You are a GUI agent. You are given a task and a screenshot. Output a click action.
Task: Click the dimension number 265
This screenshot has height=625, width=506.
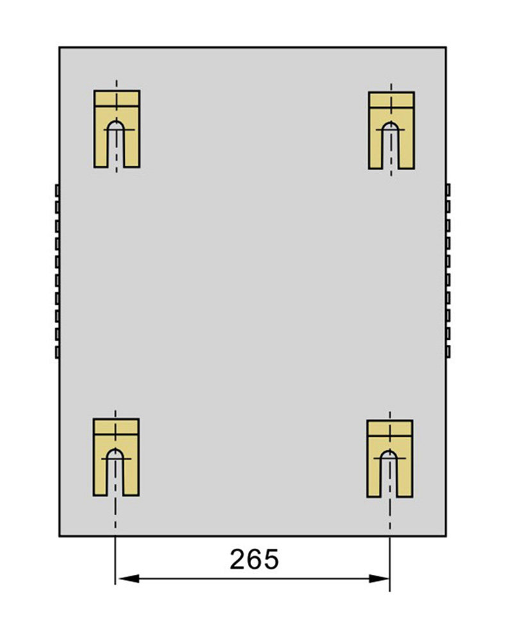pos(254,559)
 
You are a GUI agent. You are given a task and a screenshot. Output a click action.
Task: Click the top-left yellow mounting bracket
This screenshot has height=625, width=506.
pos(117,129)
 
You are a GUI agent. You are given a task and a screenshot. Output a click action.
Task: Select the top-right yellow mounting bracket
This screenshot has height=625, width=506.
pos(391,130)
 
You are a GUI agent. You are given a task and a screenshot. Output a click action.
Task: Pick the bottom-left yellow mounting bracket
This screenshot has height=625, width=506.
pos(116,457)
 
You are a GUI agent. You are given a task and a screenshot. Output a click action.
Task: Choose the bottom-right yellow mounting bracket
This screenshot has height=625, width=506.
pos(389,458)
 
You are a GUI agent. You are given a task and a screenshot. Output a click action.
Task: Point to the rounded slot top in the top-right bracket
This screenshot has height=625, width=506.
pos(391,126)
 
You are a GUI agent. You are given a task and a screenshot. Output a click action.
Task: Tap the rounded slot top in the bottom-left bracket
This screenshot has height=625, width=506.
pos(115,453)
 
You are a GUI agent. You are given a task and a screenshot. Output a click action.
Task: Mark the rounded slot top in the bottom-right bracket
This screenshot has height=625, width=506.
pos(389,454)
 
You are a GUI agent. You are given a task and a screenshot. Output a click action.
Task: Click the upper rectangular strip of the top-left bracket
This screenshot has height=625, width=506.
pos(117,98)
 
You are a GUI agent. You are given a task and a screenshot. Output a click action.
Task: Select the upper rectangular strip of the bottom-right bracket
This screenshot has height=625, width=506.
pos(389,428)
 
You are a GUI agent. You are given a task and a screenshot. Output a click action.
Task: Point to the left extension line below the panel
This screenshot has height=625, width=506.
pos(115,560)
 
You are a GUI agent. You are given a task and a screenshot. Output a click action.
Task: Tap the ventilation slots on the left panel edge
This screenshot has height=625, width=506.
pos(57,271)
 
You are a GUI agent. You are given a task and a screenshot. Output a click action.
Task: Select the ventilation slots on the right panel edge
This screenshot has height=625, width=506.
pos(448,271)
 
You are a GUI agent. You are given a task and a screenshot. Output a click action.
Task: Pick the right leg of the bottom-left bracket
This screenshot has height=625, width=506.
pos(131,477)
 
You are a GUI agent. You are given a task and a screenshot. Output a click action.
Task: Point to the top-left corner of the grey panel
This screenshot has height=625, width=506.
pos(60,47)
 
